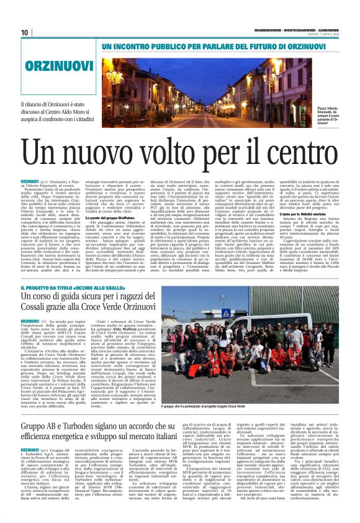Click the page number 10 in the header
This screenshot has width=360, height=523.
(x=25, y=32)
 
